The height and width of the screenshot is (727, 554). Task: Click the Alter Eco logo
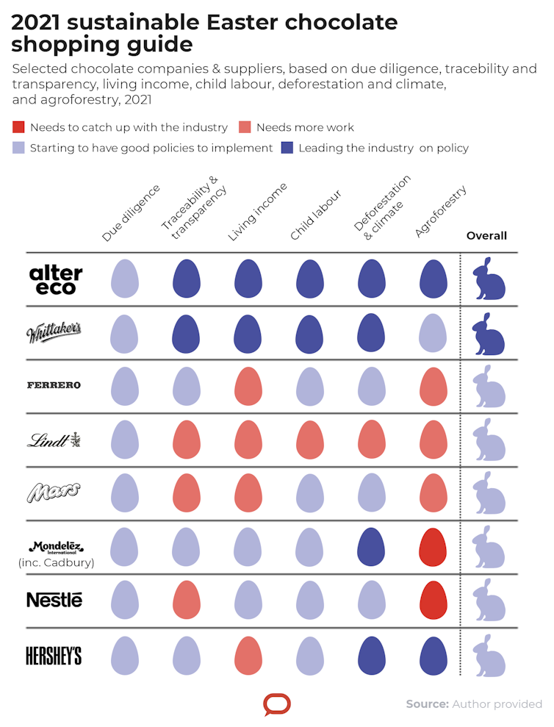click(56, 279)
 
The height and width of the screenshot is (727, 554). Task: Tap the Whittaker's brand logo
click(54, 333)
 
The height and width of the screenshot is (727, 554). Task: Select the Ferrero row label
click(54, 385)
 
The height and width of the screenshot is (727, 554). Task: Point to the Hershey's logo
click(54, 656)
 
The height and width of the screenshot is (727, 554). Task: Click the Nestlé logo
click(54, 600)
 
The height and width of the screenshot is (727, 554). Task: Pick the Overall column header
click(486, 236)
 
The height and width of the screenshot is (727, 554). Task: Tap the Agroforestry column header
click(441, 212)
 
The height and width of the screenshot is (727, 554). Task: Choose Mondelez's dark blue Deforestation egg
click(372, 546)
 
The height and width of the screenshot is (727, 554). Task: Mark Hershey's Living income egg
click(248, 654)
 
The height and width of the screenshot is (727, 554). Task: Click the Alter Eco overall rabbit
click(489, 279)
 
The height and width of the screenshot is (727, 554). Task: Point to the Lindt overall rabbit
click(489, 440)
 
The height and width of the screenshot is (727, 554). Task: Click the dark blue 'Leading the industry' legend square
click(289, 148)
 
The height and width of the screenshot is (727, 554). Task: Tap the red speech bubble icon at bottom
click(277, 704)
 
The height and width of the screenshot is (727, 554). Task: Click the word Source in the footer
click(427, 704)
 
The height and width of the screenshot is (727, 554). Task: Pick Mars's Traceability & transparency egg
click(187, 493)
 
